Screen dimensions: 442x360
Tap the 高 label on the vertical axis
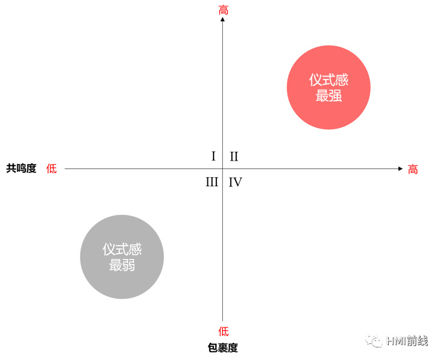(223, 10)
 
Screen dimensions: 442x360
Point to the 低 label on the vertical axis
(223, 331)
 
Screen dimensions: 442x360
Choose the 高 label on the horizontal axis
(413, 169)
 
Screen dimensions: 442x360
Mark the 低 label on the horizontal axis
(51, 169)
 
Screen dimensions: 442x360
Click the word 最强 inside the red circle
(328, 95)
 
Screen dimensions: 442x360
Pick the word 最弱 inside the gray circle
(122, 265)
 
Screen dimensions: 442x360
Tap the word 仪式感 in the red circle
(328, 80)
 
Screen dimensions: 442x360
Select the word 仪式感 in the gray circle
(122, 250)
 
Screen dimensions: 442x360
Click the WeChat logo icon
(374, 341)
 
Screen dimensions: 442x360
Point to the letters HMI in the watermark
(396, 341)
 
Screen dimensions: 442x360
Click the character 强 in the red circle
(335, 95)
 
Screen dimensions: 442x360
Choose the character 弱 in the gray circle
(128, 265)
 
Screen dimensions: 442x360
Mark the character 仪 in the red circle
(315, 80)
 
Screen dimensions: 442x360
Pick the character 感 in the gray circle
(135, 250)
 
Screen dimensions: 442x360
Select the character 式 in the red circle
(328, 80)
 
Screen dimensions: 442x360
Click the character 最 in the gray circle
(115, 265)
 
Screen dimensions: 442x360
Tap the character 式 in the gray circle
(122, 250)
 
